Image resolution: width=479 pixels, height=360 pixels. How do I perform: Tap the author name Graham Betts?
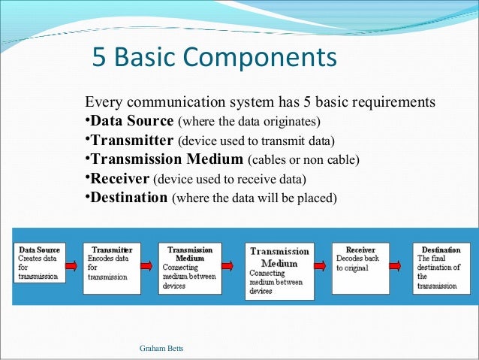(x=161, y=349)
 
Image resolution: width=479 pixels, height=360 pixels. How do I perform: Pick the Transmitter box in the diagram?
(x=111, y=263)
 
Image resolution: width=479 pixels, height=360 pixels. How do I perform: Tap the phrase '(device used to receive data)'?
(x=230, y=180)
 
